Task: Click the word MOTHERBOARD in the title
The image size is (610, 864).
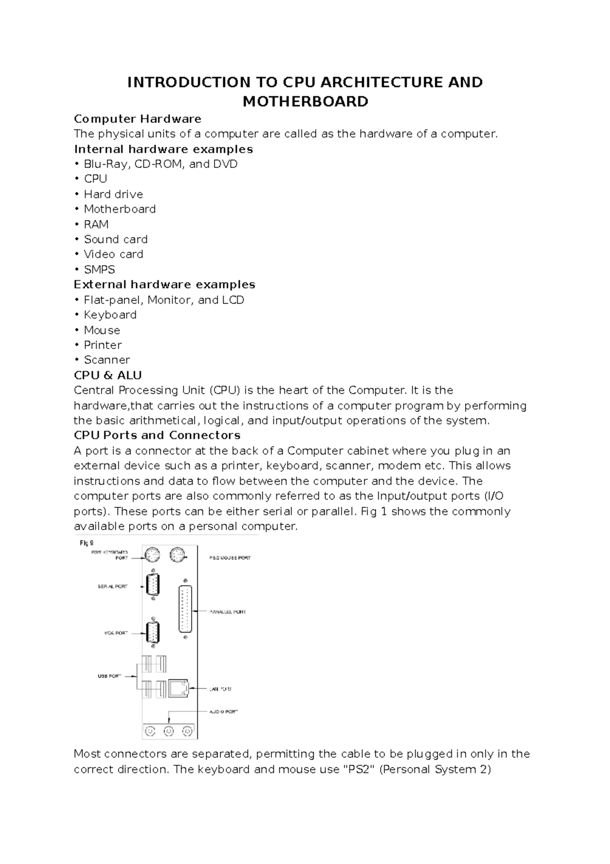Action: [305, 102]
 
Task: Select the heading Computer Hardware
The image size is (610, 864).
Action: [137, 119]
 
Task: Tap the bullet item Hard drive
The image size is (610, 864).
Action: [113, 194]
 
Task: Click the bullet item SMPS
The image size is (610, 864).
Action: [99, 270]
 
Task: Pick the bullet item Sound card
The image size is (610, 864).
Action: [115, 239]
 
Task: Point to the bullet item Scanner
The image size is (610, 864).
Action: [107, 360]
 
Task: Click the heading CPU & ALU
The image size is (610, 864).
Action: [108, 376]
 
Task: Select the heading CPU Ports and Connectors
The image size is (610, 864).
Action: [157, 436]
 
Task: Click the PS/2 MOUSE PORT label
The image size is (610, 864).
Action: [230, 558]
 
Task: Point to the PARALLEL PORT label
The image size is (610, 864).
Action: [228, 612]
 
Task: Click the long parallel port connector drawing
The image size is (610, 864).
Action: [186, 609]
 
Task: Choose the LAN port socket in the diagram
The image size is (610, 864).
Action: [178, 688]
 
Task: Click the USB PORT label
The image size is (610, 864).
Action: [109, 676]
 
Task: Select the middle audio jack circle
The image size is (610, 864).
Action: [169, 731]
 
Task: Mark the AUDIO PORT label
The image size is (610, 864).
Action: [224, 712]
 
